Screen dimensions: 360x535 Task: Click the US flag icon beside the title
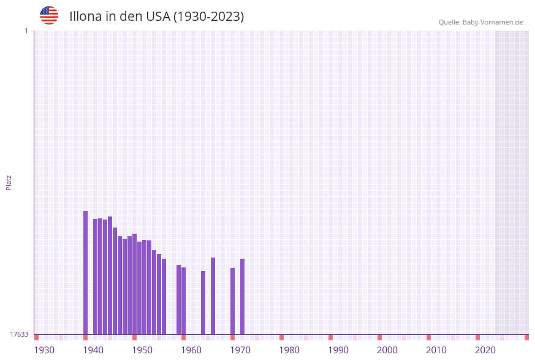[x=49, y=15]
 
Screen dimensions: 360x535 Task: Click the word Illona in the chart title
[x=85, y=17]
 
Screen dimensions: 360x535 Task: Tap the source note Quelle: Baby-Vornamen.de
[x=480, y=22]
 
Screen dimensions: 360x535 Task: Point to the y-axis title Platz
[x=9, y=182]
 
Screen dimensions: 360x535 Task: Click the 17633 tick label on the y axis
[x=19, y=334]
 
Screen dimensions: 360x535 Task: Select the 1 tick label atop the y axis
[x=26, y=31]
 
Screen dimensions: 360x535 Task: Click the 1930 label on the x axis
[x=44, y=350]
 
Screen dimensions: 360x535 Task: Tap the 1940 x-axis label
[x=93, y=350]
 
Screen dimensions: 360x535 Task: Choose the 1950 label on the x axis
[x=142, y=350]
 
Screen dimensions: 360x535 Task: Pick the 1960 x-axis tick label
[x=191, y=350]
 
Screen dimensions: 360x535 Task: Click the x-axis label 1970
[x=240, y=350]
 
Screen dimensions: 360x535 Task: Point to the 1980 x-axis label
[x=289, y=350]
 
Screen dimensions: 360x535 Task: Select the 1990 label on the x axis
[x=338, y=350]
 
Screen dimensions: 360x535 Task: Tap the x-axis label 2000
[x=387, y=350]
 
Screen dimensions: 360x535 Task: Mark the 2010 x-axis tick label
[x=436, y=350]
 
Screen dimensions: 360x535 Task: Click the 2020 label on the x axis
[x=485, y=350]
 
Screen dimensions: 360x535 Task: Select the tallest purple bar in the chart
[x=85, y=273]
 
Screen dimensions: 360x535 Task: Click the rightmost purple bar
[x=242, y=296]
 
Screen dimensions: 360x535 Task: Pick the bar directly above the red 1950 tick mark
[x=134, y=284]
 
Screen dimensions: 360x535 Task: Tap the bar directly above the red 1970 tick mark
[x=232, y=301]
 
